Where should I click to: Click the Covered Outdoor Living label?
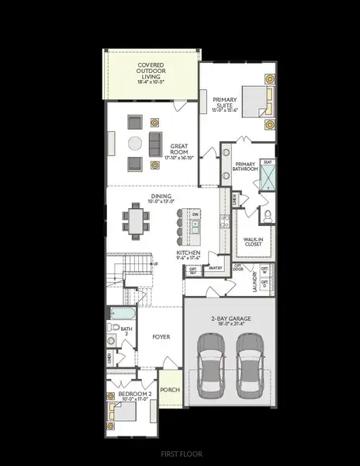pyautogui.click(x=151, y=71)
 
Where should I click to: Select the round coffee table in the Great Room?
pyautogui.click(x=134, y=142)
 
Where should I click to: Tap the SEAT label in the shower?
pyautogui.click(x=267, y=162)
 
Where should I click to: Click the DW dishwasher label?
pyautogui.click(x=196, y=214)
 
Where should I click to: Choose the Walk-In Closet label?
pyautogui.click(x=253, y=242)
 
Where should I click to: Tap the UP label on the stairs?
pyautogui.click(x=155, y=264)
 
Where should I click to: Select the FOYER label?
pyautogui.click(x=161, y=337)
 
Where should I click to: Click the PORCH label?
pyautogui.click(x=169, y=391)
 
